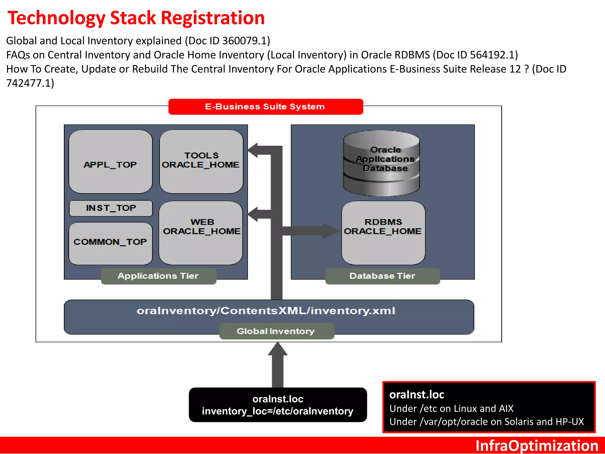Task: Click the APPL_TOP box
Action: [110, 162]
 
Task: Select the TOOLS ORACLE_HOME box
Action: [201, 162]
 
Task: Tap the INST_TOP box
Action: [111, 208]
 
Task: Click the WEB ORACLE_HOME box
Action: [201, 233]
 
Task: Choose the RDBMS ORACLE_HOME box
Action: [383, 233]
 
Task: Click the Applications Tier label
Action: [158, 276]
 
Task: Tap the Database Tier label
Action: [382, 276]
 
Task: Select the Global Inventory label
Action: [276, 331]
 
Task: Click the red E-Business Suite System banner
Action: [265, 107]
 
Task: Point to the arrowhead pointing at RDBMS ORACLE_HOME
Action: [331, 231]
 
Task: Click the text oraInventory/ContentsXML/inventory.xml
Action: [266, 311]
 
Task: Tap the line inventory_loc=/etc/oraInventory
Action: [278, 411]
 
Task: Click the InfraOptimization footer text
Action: [536, 445]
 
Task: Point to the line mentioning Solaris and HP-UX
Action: [486, 421]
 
